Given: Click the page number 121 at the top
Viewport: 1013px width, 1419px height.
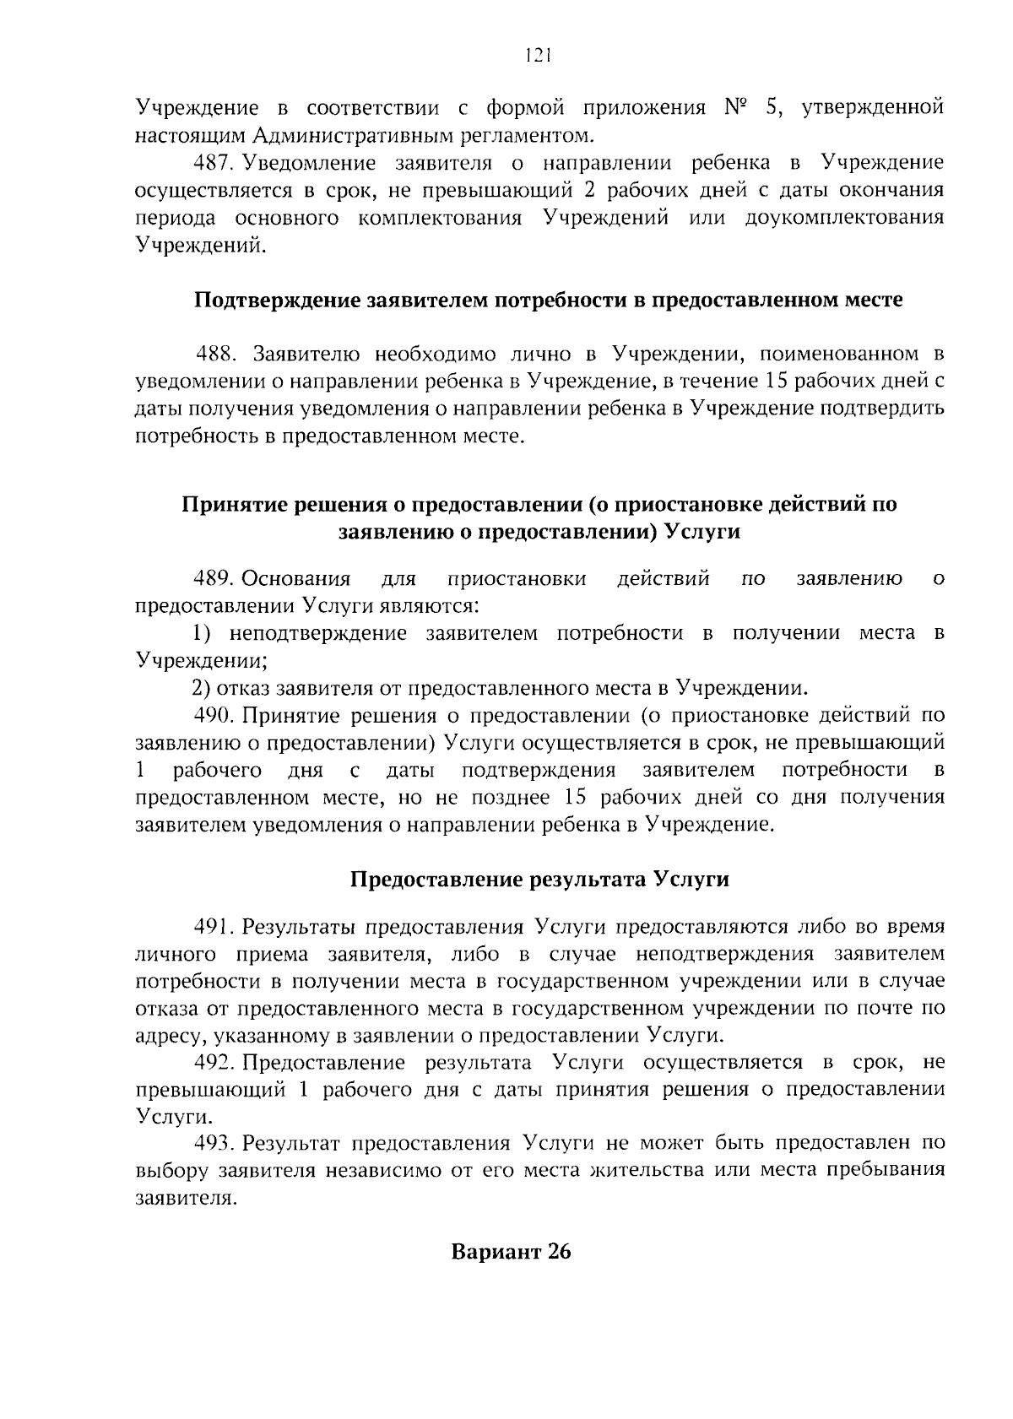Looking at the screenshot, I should click(537, 56).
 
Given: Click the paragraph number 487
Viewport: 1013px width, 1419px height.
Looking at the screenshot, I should click(211, 163).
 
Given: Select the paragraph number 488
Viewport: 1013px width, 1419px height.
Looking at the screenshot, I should click(215, 352).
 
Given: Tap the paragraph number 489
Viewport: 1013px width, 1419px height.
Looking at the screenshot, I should click(213, 579).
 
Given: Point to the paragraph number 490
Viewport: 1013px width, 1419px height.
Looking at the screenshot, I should click(213, 716).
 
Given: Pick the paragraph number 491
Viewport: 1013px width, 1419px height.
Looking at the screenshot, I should click(212, 927).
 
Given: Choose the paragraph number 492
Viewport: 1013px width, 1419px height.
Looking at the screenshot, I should click(212, 1062).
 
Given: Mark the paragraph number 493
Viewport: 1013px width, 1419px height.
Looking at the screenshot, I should click(212, 1143).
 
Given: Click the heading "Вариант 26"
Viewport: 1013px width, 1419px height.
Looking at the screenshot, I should click(512, 1251).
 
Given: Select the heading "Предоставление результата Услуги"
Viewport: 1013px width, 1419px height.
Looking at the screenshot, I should click(539, 879).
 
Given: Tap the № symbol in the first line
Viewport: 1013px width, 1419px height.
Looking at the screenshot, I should click(737, 109).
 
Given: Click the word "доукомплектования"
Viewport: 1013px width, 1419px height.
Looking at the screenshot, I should click(844, 218).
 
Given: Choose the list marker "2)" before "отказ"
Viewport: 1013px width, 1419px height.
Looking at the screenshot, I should click(203, 687).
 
